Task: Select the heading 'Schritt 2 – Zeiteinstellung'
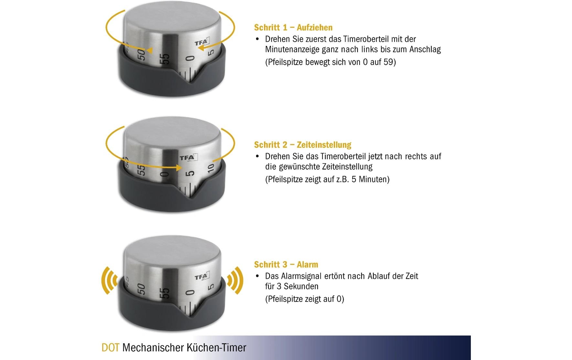[302, 145]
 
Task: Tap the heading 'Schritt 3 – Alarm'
[286, 265]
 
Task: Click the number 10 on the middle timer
[210, 168]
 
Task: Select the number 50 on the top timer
[141, 55]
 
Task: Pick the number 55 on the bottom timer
[165, 293]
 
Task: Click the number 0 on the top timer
[191, 58]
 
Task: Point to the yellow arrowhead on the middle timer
[178, 168]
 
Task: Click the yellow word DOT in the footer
[111, 348]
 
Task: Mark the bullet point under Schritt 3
[258, 276]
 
